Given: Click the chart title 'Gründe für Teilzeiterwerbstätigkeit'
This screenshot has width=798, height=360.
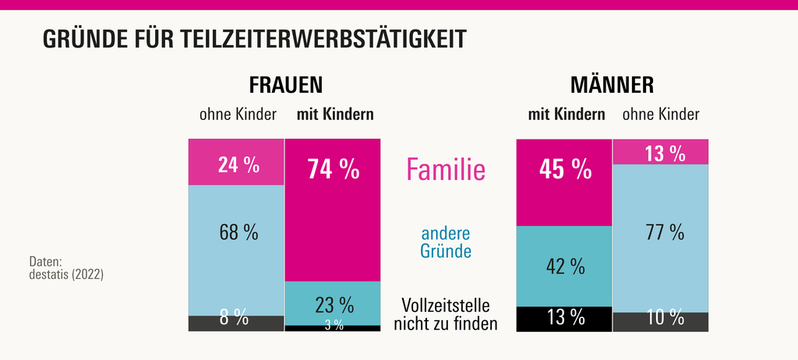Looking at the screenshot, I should coord(254,39).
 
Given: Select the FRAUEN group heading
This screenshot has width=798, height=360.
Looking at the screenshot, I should coord(285,84).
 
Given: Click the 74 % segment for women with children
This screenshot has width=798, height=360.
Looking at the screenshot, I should coord(333,209).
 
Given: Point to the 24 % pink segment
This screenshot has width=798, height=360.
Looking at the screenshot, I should coord(236,162).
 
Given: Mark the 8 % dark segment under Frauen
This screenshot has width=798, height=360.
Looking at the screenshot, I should coord(236,323).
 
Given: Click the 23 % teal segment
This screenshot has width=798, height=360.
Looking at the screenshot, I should coord(333,302).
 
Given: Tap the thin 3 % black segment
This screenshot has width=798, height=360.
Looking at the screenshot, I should coord(333,328).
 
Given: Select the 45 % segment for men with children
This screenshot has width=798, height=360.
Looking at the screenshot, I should coord(564,182).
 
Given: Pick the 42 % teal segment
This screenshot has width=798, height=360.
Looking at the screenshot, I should coord(564,266).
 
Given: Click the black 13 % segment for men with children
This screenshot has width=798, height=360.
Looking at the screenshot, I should coord(564,319).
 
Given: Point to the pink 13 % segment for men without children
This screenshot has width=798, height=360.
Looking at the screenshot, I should coord(661,152).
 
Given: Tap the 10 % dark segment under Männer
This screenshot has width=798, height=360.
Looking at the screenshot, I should coord(661,321).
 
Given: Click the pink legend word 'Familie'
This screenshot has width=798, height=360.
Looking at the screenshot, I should coord(447,168).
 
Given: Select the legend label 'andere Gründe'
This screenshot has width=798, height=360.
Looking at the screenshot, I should coord(446,242).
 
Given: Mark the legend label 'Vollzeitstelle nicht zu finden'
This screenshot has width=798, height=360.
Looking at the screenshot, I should coord(446,314).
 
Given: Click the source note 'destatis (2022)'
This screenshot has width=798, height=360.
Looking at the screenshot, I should coord(66,274).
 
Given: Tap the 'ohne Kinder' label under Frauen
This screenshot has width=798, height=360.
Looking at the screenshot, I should coord(238,115).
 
